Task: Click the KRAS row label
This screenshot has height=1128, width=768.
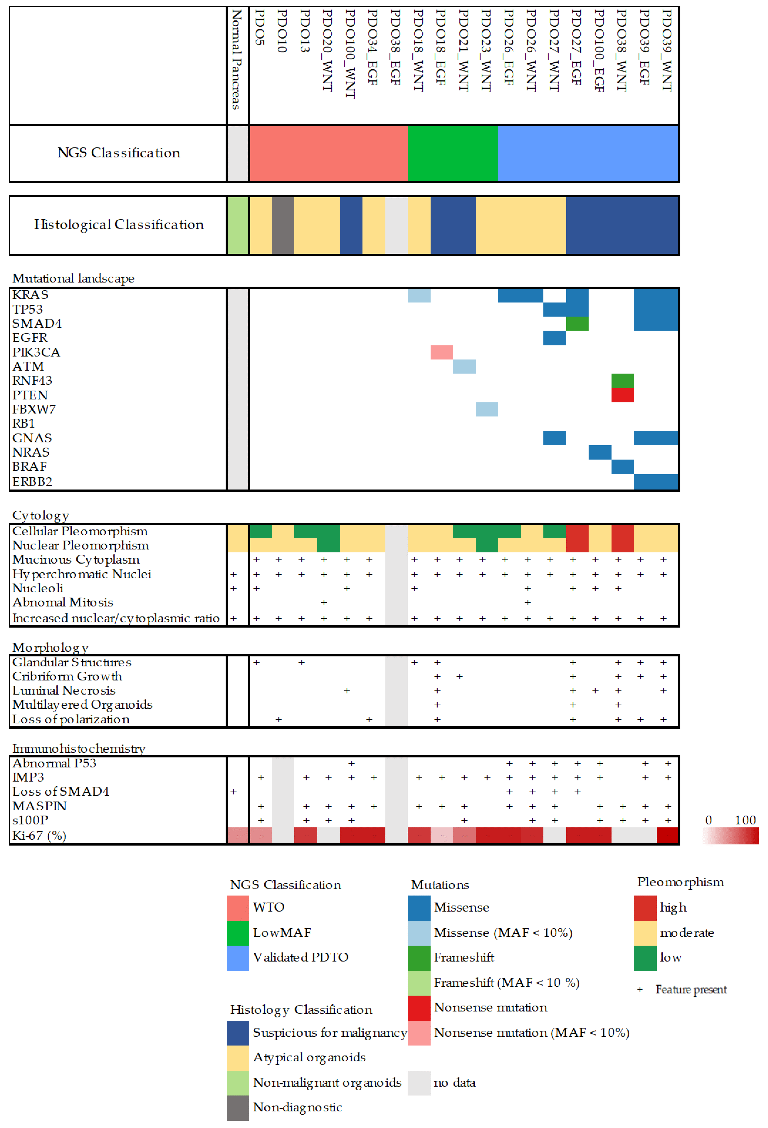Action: pos(30,295)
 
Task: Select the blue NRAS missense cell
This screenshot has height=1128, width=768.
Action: pos(600,452)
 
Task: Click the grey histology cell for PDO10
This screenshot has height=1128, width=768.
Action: pos(283,225)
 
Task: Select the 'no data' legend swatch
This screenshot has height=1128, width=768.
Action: pos(419,1083)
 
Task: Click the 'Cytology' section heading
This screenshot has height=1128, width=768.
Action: pos(41,515)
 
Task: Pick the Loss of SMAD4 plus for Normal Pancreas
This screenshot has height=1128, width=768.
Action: pos(233,792)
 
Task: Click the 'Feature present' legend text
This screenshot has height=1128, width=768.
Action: pos(691,990)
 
